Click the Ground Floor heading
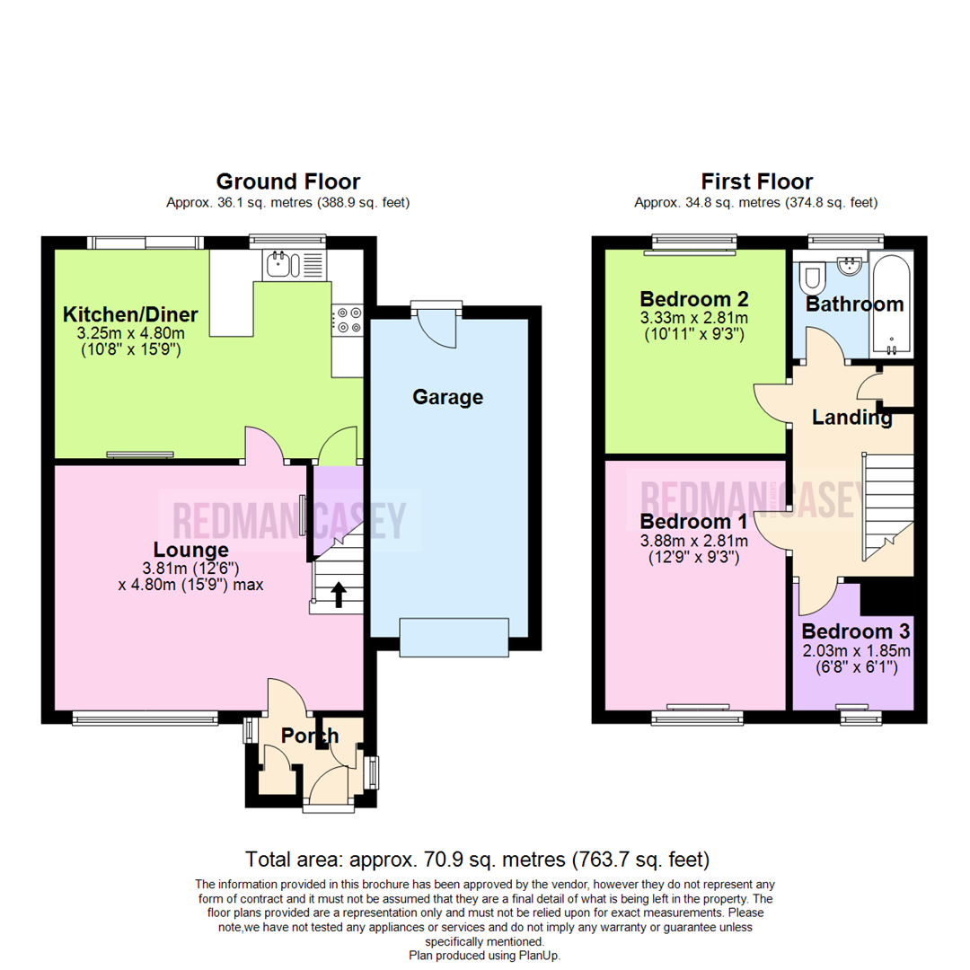[287, 182]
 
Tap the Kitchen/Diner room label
[130, 315]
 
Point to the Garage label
[447, 397]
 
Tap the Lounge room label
[190, 550]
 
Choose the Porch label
[310, 736]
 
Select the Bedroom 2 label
[693, 299]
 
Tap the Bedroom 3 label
[855, 630]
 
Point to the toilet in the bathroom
[811, 275]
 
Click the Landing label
[851, 418]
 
